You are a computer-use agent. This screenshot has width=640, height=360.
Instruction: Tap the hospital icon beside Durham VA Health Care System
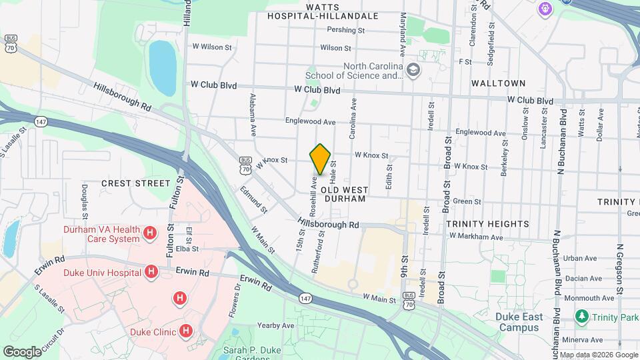tap(150, 233)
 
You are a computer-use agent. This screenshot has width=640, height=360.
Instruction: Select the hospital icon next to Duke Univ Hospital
tap(151, 272)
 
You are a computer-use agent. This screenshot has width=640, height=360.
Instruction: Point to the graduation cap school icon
tap(413, 70)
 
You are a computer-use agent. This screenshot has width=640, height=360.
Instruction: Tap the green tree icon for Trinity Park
tap(583, 315)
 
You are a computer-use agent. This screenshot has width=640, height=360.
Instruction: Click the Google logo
tap(22, 351)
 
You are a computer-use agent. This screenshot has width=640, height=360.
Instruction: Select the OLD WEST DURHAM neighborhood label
tap(344, 194)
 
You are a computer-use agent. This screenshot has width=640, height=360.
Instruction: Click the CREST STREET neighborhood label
tap(136, 183)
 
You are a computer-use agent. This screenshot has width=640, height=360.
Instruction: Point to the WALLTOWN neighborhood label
tap(498, 84)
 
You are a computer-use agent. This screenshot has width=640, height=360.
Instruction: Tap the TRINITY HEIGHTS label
tap(487, 224)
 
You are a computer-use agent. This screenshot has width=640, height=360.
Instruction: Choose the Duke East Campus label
tap(518, 322)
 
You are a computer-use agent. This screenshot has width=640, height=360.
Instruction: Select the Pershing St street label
tap(346, 30)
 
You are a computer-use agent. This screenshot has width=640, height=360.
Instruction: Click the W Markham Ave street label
tap(476, 237)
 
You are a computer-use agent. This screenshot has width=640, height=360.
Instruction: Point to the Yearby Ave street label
tap(276, 326)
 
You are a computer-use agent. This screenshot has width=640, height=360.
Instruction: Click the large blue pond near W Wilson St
tap(162, 67)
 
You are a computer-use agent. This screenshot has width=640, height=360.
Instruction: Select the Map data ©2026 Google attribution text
tap(598, 355)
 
